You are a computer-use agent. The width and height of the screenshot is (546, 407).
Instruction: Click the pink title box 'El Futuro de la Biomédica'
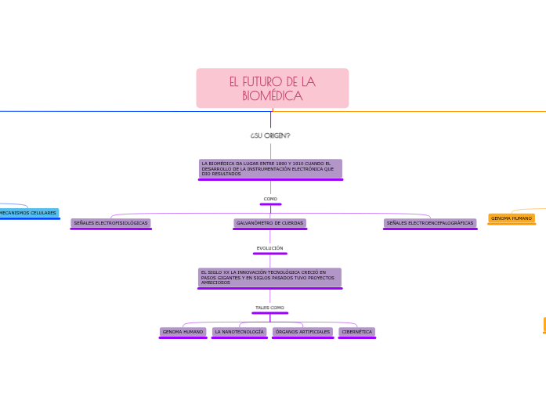(x=272, y=88)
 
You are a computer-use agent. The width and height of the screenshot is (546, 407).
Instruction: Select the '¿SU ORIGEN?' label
(x=270, y=135)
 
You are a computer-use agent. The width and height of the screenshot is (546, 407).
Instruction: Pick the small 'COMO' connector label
(x=270, y=199)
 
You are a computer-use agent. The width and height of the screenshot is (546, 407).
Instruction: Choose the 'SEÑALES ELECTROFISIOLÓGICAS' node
(x=110, y=223)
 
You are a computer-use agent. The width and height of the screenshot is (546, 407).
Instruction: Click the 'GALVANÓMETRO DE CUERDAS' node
(x=270, y=223)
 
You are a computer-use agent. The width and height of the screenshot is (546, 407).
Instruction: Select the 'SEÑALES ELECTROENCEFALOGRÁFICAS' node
(x=430, y=223)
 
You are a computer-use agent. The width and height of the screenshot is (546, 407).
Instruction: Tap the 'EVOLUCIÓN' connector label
(x=270, y=248)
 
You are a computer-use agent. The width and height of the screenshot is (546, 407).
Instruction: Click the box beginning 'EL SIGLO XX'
(x=269, y=277)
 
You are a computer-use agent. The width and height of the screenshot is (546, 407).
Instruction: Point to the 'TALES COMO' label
(x=270, y=308)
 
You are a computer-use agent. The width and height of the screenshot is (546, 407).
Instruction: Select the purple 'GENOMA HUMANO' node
(x=183, y=332)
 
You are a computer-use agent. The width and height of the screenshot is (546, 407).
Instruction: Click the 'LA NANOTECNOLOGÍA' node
(x=239, y=332)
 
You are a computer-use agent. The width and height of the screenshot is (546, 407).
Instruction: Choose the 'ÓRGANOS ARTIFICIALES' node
(x=302, y=332)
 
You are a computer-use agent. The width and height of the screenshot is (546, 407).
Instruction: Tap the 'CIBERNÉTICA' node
(x=357, y=332)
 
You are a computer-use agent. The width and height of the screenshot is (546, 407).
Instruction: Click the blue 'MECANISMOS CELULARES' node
(x=28, y=213)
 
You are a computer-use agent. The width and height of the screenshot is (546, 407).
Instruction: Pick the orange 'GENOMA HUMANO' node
(x=512, y=218)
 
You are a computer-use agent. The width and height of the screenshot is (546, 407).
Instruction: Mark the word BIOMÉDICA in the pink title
(x=272, y=96)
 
